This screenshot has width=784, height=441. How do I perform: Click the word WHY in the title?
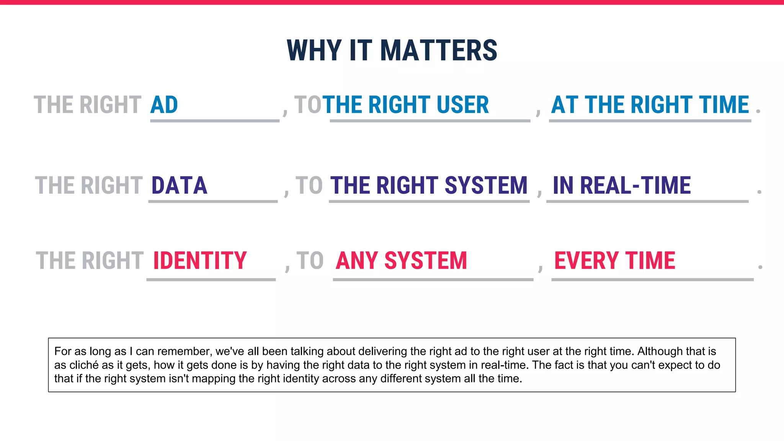(x=314, y=51)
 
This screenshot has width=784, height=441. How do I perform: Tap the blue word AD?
(x=164, y=105)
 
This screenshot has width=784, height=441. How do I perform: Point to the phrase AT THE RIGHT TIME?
(x=650, y=105)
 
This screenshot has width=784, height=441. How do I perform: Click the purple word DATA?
(x=179, y=186)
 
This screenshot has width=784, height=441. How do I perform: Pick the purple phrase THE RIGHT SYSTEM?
(x=429, y=186)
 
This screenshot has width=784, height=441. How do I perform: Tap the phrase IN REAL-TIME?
(x=622, y=186)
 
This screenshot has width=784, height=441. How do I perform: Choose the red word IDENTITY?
(x=200, y=261)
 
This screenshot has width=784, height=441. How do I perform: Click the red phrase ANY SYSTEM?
(x=401, y=261)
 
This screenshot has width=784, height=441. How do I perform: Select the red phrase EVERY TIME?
(x=615, y=261)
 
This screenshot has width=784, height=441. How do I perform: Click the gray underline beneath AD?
(x=214, y=121)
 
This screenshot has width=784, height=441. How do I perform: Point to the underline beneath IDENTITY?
(x=211, y=280)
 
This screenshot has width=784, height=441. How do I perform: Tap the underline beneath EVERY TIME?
(x=652, y=280)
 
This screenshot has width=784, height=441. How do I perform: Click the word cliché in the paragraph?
(x=84, y=365)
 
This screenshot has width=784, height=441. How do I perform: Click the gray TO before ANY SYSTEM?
(x=310, y=261)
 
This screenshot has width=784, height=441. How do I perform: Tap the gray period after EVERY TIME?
(x=760, y=266)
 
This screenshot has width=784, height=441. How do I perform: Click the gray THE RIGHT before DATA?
(x=89, y=186)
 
